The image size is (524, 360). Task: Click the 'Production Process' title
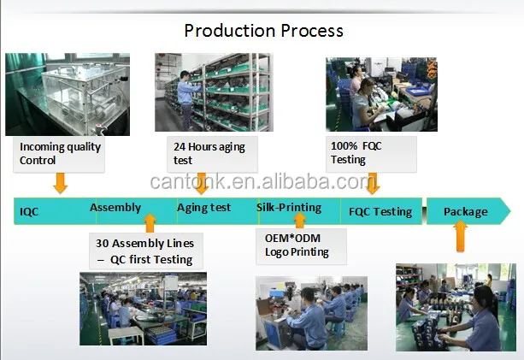263,31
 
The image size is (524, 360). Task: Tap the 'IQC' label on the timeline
29,211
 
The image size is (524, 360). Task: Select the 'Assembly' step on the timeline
115,208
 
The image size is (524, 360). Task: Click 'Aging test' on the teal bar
203,208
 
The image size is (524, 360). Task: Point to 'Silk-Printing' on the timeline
289,208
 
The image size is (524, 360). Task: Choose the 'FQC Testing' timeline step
380,212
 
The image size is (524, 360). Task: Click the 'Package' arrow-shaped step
468,211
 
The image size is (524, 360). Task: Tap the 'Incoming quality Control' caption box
59,154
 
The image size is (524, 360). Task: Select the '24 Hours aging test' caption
212,154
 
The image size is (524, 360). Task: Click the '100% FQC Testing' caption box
371,154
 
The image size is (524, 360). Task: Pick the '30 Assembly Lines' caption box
146,251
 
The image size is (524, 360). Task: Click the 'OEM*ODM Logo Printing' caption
301,246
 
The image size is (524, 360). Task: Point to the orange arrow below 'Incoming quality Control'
61,183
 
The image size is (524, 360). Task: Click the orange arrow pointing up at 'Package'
460,236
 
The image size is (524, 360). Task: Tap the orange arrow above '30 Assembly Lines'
150,223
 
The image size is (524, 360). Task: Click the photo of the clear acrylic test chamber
68,94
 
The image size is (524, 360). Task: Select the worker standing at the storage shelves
186,99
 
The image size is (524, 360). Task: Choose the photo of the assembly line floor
143,309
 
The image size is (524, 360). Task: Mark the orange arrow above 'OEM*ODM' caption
300,221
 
